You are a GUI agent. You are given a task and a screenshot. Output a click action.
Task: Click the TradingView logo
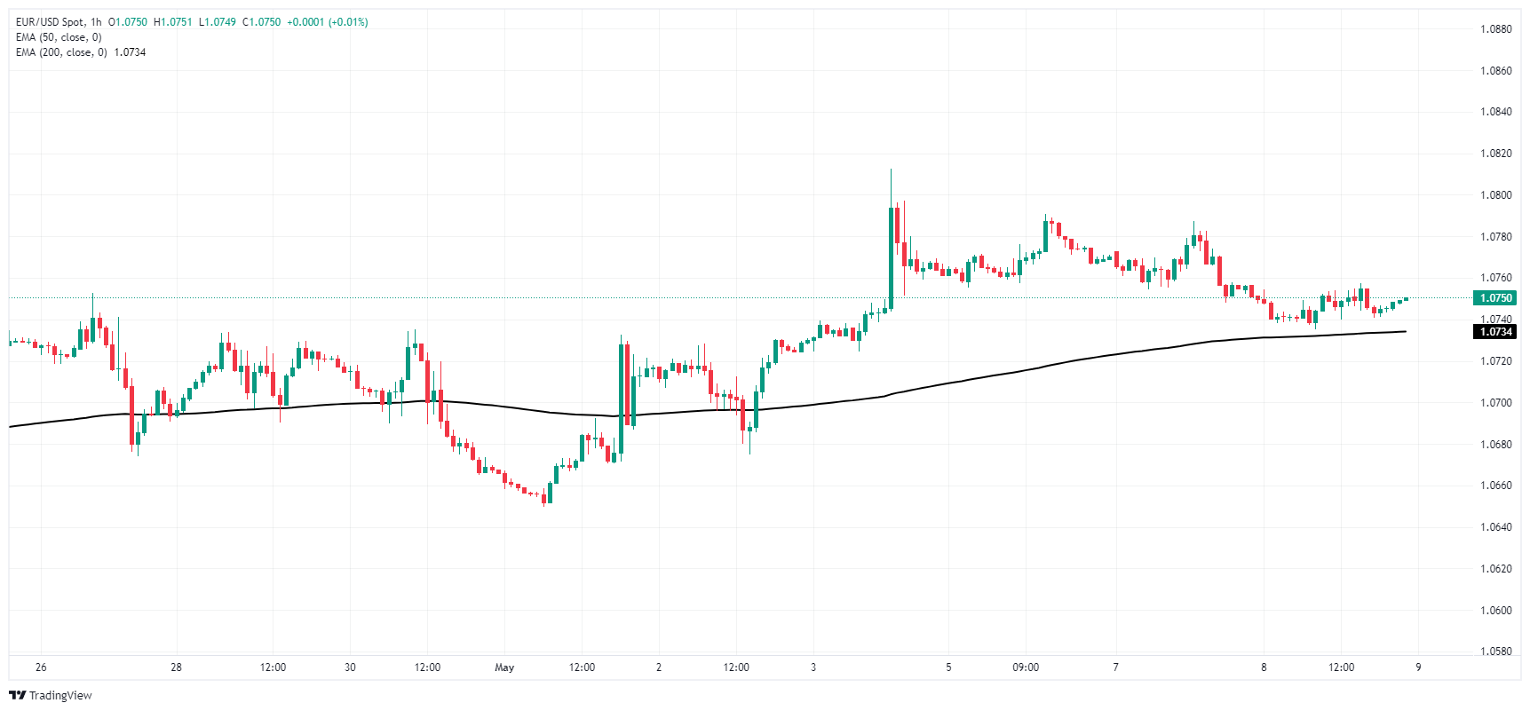(51, 695)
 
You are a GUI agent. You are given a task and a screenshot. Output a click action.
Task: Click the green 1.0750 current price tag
(1496, 298)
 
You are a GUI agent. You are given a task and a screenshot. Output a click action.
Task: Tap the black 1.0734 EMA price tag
(1496, 332)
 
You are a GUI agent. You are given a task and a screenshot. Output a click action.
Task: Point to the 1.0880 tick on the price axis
(1495, 29)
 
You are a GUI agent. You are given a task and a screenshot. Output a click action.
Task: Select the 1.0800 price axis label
(1495, 195)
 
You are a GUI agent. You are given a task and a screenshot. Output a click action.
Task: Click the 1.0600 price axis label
(1495, 611)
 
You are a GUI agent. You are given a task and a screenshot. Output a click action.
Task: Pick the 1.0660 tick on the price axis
(1495, 486)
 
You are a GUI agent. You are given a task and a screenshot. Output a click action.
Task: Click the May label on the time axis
(504, 668)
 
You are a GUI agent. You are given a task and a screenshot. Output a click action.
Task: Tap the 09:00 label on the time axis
(1026, 668)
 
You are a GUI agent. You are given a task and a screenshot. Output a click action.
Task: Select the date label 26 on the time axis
(41, 668)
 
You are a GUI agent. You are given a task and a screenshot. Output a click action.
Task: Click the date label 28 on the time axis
(176, 668)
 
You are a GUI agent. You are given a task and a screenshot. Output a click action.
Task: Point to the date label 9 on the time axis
(1418, 668)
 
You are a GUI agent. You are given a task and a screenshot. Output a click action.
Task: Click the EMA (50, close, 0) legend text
(59, 37)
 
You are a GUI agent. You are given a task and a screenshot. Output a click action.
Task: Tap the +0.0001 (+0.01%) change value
(327, 22)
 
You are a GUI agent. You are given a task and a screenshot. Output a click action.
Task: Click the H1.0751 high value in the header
(172, 22)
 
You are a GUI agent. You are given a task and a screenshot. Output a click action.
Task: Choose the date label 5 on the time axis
(948, 668)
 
